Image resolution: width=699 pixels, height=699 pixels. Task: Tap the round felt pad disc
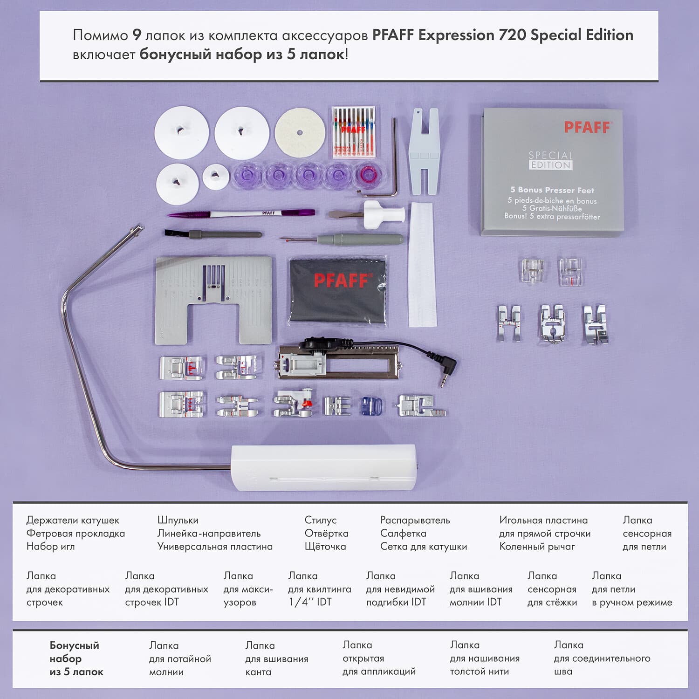pos(299,132)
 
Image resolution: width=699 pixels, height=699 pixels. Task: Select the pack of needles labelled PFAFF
pos(354,132)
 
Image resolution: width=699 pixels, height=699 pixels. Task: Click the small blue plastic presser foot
pos(372,405)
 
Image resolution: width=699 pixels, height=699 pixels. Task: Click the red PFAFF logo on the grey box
pos(587,127)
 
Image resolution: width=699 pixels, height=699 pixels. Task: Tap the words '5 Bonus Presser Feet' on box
pos(552,190)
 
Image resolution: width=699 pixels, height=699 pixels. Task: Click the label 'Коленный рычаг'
pos(537,547)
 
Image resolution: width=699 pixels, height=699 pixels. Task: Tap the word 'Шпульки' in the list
pos(178,520)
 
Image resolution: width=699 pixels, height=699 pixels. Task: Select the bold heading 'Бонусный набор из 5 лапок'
pos(76,658)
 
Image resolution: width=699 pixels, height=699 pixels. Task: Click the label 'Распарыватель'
pos(415,520)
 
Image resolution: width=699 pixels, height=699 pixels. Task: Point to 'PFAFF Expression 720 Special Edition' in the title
pos(502,35)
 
